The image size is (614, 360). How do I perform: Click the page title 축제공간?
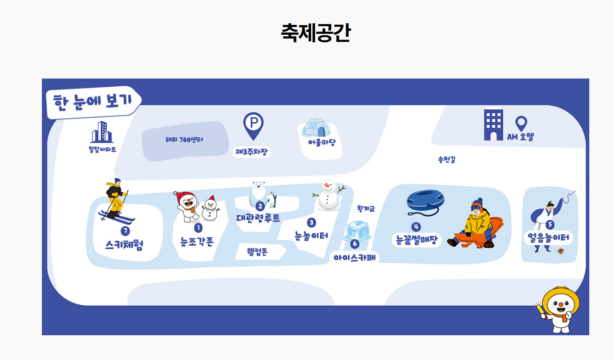[x=316, y=32]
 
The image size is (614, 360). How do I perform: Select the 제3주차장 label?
[x=252, y=152]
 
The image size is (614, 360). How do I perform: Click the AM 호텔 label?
[x=520, y=137]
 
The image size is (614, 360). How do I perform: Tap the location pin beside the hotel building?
[x=521, y=124]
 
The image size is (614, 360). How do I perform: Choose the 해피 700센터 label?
[x=184, y=140]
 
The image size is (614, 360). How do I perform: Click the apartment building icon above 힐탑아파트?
[x=102, y=132]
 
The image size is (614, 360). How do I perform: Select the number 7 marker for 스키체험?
[x=125, y=231]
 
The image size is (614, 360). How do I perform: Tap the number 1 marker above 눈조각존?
[x=198, y=228]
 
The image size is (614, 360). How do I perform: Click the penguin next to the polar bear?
[x=272, y=200]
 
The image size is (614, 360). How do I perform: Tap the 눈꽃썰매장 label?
[x=416, y=240]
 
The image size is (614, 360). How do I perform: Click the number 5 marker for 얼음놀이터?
[x=550, y=225]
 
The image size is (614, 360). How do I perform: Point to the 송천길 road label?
[x=447, y=160]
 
